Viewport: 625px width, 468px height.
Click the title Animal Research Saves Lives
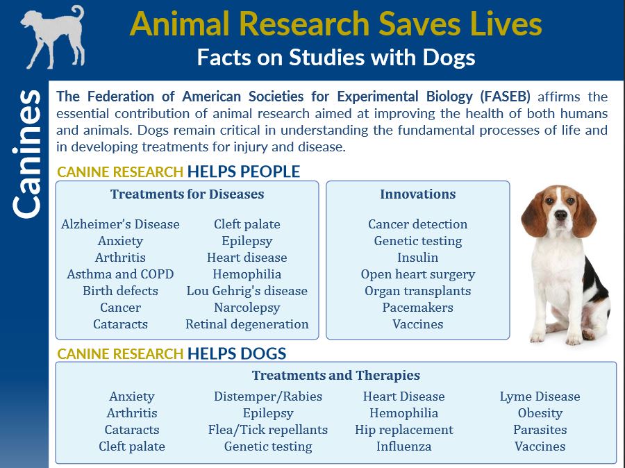[335, 24]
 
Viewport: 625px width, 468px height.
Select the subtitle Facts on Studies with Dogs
[335, 57]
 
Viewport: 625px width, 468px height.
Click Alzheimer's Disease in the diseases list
[120, 224]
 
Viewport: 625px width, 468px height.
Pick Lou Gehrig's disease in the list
[247, 291]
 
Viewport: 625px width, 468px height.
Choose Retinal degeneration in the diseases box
[247, 324]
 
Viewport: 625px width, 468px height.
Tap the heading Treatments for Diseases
[187, 194]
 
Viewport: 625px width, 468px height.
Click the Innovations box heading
[417, 194]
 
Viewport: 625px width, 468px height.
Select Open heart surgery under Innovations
[417, 274]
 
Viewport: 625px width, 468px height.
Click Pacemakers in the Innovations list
[417, 308]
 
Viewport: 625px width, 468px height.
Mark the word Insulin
[417, 258]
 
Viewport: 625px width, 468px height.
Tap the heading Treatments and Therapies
[335, 376]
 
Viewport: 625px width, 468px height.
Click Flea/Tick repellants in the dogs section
[267, 430]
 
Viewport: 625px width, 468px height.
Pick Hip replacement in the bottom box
[403, 430]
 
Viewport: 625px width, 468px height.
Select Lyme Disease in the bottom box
[540, 396]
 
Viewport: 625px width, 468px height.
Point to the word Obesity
[540, 413]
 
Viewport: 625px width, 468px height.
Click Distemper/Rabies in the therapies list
[267, 396]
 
